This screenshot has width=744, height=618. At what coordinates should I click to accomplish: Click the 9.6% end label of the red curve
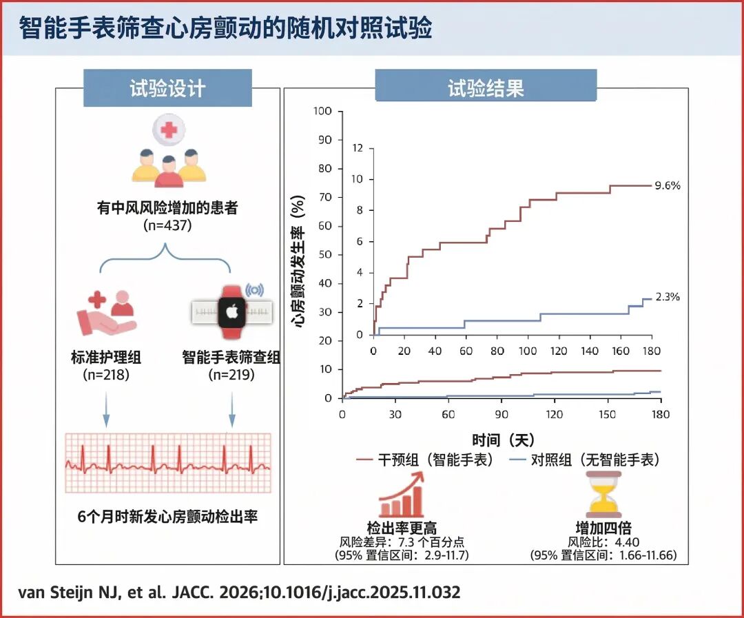click(668, 185)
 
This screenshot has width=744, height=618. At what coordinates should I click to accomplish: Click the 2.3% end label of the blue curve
click(668, 297)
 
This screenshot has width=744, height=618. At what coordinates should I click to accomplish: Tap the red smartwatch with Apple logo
click(231, 312)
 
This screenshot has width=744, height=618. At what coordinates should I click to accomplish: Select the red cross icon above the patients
click(169, 130)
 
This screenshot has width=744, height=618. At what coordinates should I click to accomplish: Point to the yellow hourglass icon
click(603, 495)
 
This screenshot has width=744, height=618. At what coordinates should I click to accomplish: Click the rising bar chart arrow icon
click(402, 495)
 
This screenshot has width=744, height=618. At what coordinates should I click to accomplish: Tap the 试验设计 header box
click(167, 87)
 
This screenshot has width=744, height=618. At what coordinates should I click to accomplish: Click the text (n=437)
click(167, 225)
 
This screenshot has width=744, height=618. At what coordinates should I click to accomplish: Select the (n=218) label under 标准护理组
click(106, 375)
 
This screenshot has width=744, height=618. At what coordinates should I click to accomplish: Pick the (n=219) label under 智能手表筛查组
click(231, 375)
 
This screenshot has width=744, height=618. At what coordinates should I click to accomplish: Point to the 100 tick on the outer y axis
click(322, 111)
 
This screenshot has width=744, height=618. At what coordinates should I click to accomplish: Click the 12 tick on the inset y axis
click(358, 148)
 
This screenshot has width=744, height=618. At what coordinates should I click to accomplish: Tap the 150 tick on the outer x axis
click(608, 414)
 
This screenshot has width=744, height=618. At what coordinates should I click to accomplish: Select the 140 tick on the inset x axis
click(590, 351)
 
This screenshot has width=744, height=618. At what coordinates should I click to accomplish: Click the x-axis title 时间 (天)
click(503, 440)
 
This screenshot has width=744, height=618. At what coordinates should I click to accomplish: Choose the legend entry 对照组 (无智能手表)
click(584, 460)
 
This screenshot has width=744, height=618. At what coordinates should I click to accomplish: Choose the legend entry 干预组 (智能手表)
click(425, 460)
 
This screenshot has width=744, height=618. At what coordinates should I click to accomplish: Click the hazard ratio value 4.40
click(628, 542)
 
